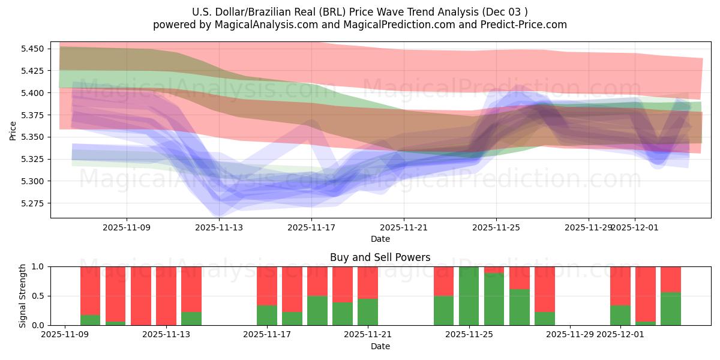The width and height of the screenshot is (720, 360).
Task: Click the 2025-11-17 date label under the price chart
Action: [x=311, y=227]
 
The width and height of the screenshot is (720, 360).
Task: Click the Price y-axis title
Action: [x=13, y=130]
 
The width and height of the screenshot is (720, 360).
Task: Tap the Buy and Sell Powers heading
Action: [x=380, y=257]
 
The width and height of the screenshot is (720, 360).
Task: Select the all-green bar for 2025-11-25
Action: [x=469, y=296]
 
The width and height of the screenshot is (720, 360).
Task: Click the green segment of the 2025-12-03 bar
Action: [x=670, y=309]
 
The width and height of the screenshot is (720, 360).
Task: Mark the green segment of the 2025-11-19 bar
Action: [x=343, y=314]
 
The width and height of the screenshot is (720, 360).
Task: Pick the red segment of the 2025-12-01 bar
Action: [x=620, y=286]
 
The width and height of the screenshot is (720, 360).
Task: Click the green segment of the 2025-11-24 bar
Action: [x=443, y=311]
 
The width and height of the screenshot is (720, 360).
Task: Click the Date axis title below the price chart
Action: [x=380, y=239]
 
